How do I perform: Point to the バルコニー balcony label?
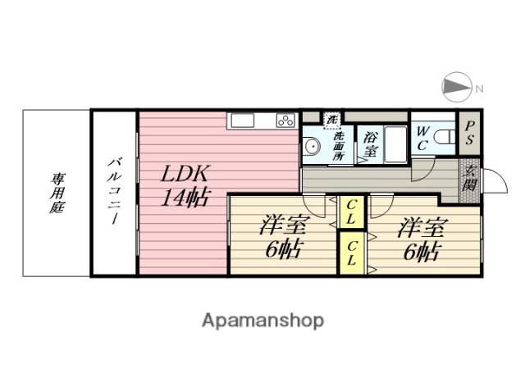pos(113,193)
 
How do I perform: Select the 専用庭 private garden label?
pos(57,193)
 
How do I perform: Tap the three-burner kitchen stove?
pos(285,121)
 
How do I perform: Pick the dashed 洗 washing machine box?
pos(332,119)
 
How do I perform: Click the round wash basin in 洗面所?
pos(312,147)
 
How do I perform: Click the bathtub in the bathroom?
pos(396,144)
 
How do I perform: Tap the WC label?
pos(422,138)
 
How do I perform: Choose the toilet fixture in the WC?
pos(445,138)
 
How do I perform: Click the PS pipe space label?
pos(469,134)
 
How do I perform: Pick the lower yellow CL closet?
pos(351,253)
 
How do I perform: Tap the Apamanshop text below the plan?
pos(262,320)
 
